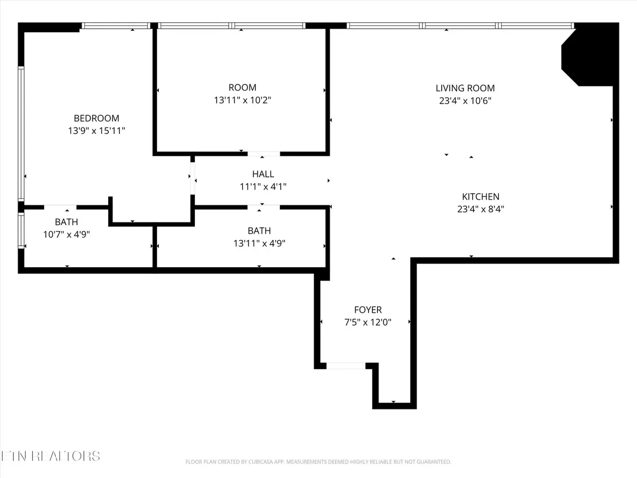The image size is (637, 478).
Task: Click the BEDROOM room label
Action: pos(96,118)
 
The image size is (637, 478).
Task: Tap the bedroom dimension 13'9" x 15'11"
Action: pos(96,130)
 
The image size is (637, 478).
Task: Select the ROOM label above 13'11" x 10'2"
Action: pos(242,88)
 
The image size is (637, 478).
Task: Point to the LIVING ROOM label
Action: pos(465,88)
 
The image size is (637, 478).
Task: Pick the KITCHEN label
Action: pos(480,197)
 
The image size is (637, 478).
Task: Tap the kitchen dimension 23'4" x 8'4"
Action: pos(480,209)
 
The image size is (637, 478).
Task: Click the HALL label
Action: pos(263,174)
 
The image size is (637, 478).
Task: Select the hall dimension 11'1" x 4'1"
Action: pos(263,186)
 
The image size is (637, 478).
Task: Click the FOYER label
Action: pos(368,310)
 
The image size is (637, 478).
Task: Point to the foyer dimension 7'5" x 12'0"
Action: pos(368,322)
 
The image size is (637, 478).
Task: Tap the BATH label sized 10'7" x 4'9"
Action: pos(66,221)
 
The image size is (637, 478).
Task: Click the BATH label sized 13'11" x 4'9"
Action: pos(259,231)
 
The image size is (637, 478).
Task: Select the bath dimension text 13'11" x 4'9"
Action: pos(259,243)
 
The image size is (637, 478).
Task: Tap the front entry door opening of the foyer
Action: pos(346,365)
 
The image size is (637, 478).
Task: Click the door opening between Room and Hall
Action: pos(263,154)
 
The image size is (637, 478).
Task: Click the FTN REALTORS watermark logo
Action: pos(50,456)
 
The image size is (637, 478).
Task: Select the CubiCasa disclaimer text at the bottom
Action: pos(318,462)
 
